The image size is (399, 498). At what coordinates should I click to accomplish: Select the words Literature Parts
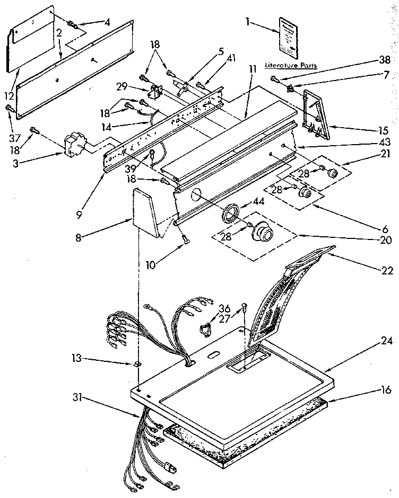click(x=290, y=66)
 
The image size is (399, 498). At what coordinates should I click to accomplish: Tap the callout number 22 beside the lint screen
click(x=386, y=271)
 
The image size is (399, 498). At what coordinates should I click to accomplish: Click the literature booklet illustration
click(x=291, y=35)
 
